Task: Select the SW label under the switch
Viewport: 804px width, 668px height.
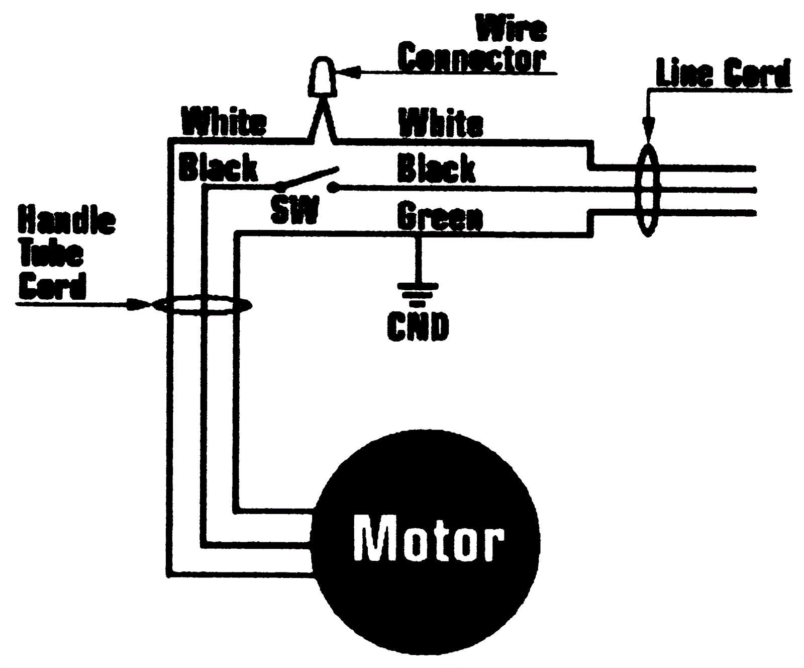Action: [x=294, y=210]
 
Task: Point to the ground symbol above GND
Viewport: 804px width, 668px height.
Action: [x=417, y=293]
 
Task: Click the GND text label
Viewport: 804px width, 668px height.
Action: [x=418, y=326]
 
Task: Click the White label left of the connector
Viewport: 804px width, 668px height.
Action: [x=224, y=122]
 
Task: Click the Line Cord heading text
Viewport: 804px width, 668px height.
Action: [x=723, y=74]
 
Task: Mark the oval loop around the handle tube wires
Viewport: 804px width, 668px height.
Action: [x=201, y=305]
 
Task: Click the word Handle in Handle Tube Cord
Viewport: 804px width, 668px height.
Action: [x=67, y=220]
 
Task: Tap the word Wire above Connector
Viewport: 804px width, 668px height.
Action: [x=511, y=29]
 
